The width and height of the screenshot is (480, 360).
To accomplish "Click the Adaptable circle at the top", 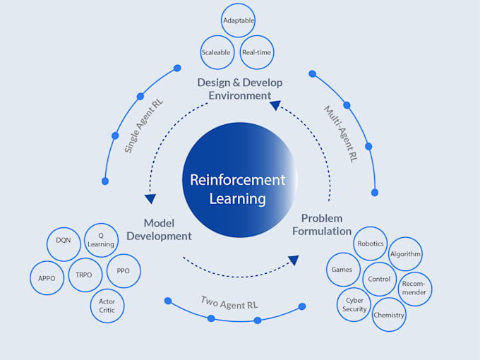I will [x=239, y=20].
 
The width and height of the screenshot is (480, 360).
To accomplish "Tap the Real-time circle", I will [x=256, y=53].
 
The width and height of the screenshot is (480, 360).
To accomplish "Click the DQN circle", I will [x=64, y=240].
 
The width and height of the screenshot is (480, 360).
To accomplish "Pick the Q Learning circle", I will [x=101, y=240].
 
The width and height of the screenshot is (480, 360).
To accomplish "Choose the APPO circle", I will [x=47, y=278].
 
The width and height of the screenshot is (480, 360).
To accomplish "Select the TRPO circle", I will [x=85, y=275].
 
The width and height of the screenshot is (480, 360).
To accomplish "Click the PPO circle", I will [x=124, y=271].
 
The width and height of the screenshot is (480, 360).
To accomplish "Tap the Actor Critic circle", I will [x=107, y=306].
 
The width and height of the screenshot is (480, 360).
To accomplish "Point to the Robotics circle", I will [x=370, y=244].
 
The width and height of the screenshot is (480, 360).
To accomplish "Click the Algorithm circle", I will [x=405, y=254].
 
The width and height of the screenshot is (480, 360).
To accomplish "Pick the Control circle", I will [x=379, y=279].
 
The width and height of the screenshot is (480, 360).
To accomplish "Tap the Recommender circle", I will [x=414, y=289].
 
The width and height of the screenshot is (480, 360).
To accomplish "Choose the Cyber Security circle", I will [x=354, y=304].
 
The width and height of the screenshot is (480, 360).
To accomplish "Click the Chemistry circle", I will [x=389, y=315].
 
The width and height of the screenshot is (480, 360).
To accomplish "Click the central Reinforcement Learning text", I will [x=238, y=189].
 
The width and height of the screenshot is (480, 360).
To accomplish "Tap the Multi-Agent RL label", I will [x=340, y=134].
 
